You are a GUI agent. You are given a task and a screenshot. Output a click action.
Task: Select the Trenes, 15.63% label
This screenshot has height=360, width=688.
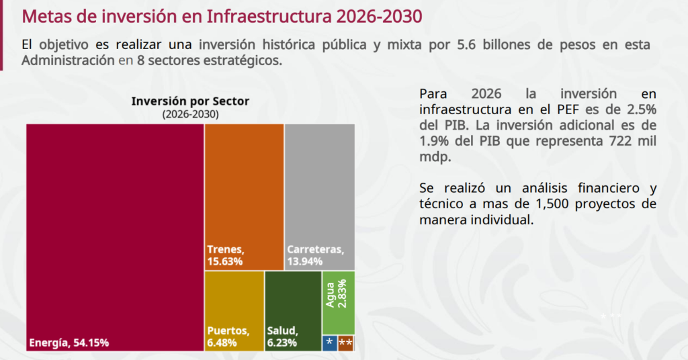coord(226,255)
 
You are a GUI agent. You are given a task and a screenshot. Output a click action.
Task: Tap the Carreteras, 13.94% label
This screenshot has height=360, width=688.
coord(315,255)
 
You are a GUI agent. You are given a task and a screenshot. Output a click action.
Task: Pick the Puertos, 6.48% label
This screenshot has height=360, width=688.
coord(228,337)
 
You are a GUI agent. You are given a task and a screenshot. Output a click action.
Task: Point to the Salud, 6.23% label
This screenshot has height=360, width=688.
coord(283,337)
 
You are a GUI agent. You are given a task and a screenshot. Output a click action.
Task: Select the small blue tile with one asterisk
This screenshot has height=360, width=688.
coord(329,343)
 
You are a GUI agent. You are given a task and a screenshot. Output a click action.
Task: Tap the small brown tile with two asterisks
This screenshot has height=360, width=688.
coord(346,343)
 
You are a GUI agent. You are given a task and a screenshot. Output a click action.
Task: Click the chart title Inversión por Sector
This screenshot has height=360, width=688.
coord(190,101)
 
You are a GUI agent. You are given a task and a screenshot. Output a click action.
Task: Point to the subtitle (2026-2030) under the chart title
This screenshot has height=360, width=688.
coord(190,114)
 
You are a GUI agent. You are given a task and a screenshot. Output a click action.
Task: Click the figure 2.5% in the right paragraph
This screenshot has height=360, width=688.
coord(639,109)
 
